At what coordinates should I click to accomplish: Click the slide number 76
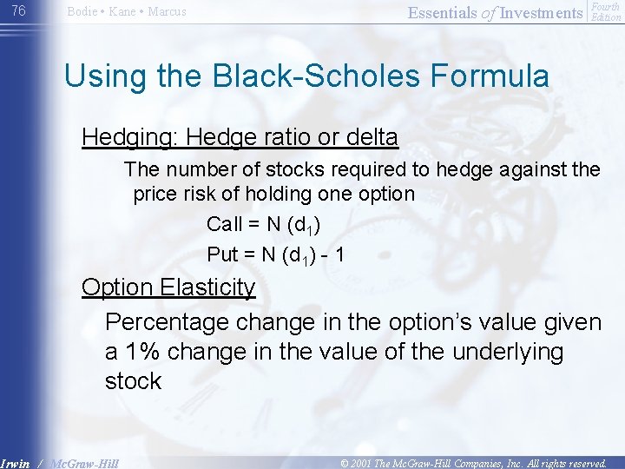tap(18, 10)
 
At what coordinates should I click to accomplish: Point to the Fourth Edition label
tap(605, 11)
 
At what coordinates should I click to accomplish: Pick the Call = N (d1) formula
tap(264, 225)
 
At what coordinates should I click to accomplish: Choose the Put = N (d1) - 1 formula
tap(277, 255)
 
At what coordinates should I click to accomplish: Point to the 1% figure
tap(140, 352)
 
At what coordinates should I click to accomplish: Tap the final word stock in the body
tap(133, 381)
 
